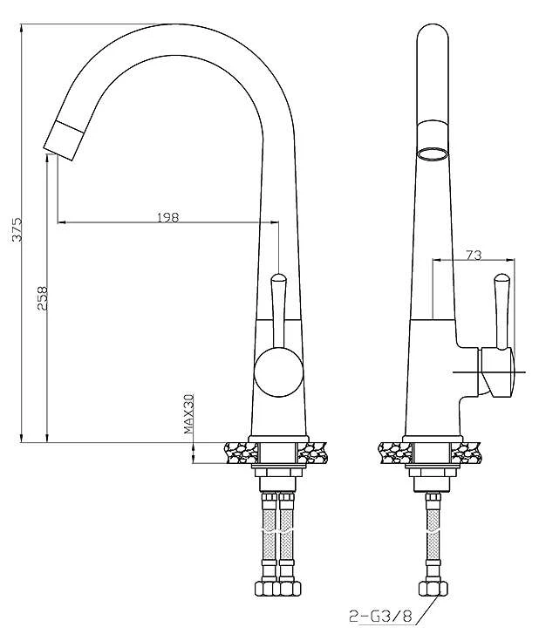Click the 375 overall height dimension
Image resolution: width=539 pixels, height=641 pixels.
pos(17,229)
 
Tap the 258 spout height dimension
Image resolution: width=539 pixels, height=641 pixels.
pos(43,298)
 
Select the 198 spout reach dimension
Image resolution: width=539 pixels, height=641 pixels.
pos(168,217)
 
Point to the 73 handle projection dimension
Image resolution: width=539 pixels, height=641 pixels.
pos(474,255)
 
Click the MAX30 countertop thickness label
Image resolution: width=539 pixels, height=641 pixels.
pos(188,413)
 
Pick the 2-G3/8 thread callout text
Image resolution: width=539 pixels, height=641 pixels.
pos(380,616)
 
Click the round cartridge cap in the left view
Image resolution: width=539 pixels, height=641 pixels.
pos(278,372)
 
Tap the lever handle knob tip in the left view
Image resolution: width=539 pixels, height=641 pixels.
pos(278,278)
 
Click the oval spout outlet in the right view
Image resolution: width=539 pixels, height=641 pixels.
pos(433,155)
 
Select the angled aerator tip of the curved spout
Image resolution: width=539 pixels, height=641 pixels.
pos(64,140)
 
